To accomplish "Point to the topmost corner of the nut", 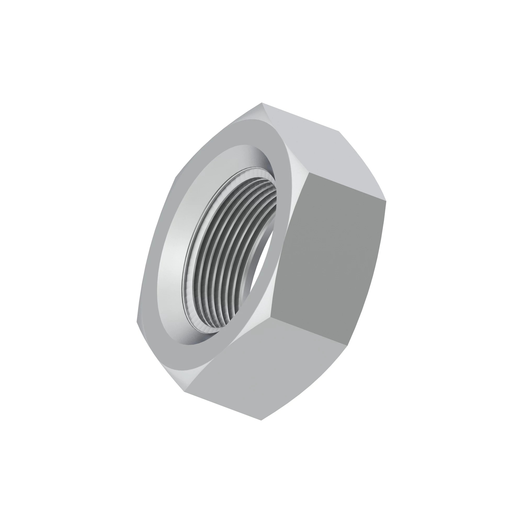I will [261, 103].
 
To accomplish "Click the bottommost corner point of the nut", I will [261, 420].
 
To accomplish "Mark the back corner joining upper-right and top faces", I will [339, 132].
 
